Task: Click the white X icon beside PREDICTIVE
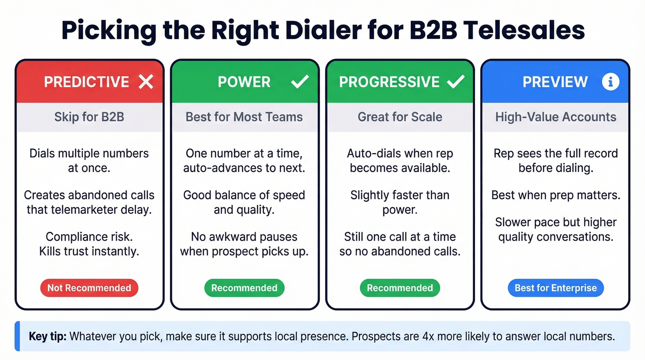click(x=146, y=82)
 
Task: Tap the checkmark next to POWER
click(x=300, y=82)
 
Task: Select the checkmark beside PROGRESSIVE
click(x=456, y=82)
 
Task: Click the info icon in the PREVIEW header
click(x=610, y=82)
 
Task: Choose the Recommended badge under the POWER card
click(x=244, y=288)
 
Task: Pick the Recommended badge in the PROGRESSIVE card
click(x=399, y=288)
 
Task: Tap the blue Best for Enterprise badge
click(x=555, y=288)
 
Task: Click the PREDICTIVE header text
click(x=86, y=82)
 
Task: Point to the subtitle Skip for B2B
click(x=89, y=117)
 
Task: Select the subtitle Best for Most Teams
click(x=244, y=117)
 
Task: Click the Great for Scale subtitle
click(x=400, y=117)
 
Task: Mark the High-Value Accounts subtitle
click(x=556, y=117)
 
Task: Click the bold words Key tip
click(x=47, y=336)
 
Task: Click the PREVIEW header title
click(x=555, y=82)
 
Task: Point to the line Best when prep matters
click(x=556, y=195)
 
